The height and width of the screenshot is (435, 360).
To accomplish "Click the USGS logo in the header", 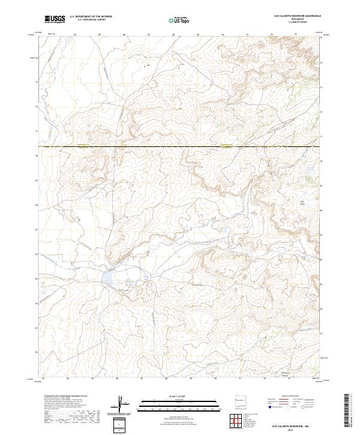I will pyautogui.click(x=55, y=19).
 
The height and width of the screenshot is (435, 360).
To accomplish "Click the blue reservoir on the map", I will pyautogui.click(x=111, y=277).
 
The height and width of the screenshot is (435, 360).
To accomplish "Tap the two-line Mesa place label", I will pyautogui.click(x=302, y=202).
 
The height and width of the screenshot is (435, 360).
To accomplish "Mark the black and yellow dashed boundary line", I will pyautogui.click(x=180, y=146).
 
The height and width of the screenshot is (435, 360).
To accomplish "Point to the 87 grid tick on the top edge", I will pyautogui.click(x=148, y=35).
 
